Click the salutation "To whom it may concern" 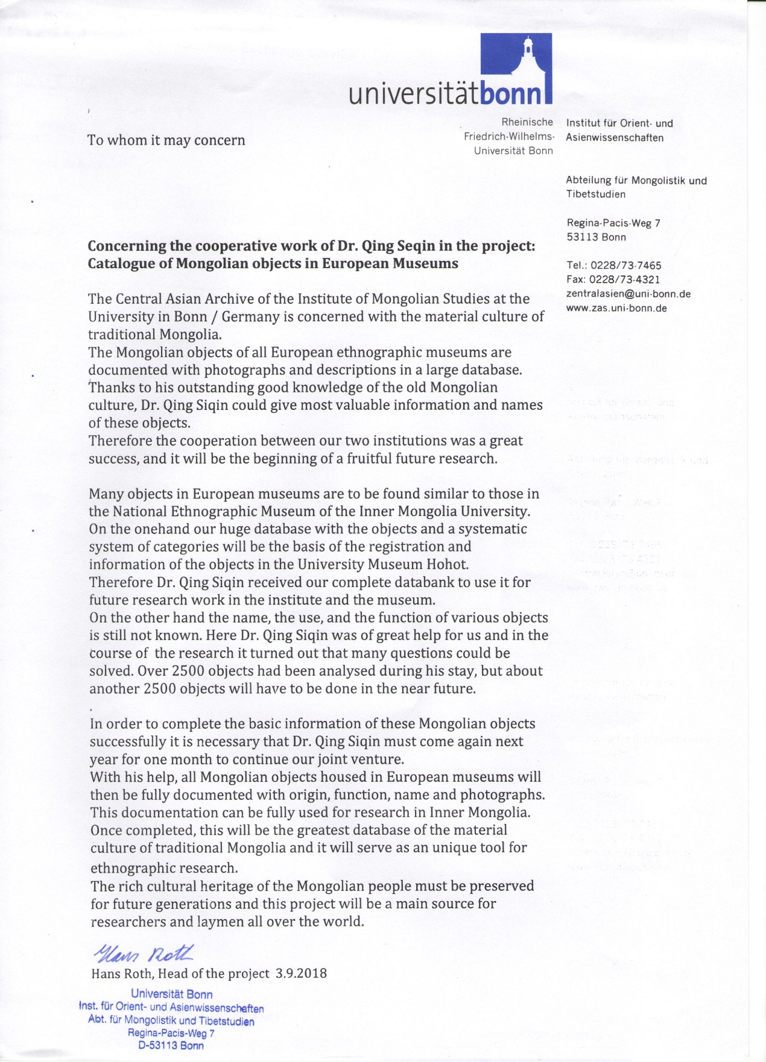(166, 140)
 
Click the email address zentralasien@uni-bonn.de (628, 294)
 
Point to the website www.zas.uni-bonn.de (616, 308)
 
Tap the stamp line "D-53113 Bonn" (171, 1046)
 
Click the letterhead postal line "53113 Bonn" (596, 237)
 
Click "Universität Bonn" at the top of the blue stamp (171, 994)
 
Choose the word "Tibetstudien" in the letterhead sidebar (595, 194)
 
